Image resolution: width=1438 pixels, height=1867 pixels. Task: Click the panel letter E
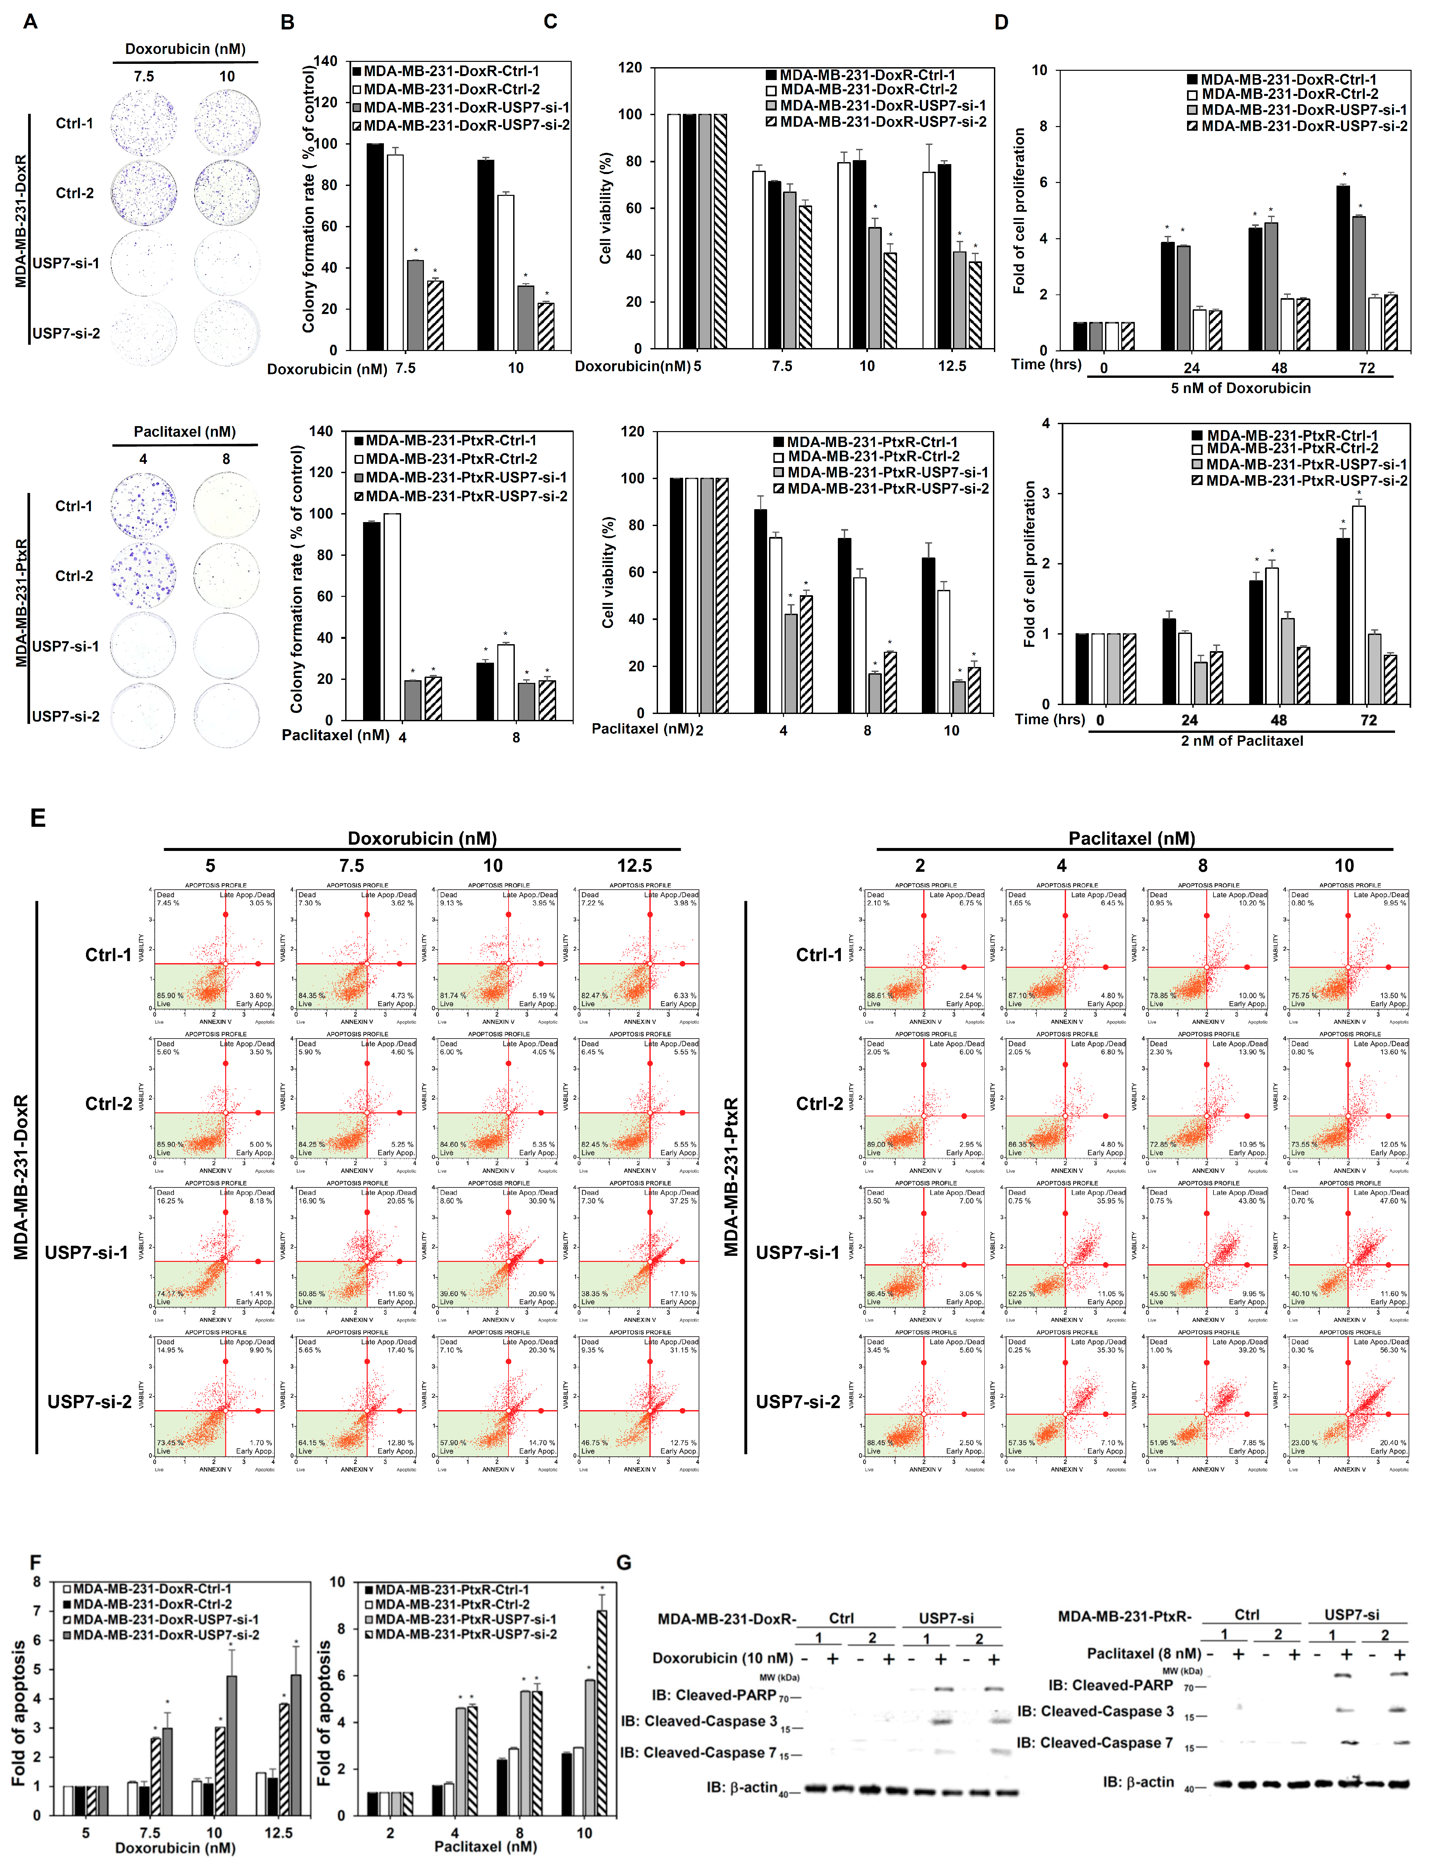(38, 818)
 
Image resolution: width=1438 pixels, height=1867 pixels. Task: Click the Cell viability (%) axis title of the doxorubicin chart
(606, 208)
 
